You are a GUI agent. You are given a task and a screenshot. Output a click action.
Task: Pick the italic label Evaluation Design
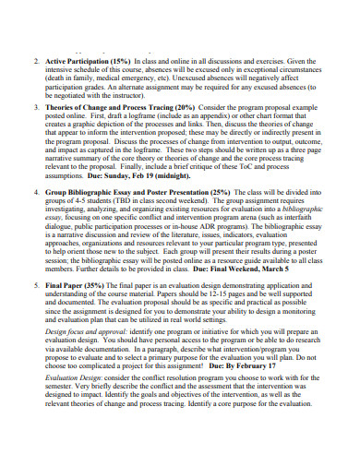[x=76, y=404]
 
